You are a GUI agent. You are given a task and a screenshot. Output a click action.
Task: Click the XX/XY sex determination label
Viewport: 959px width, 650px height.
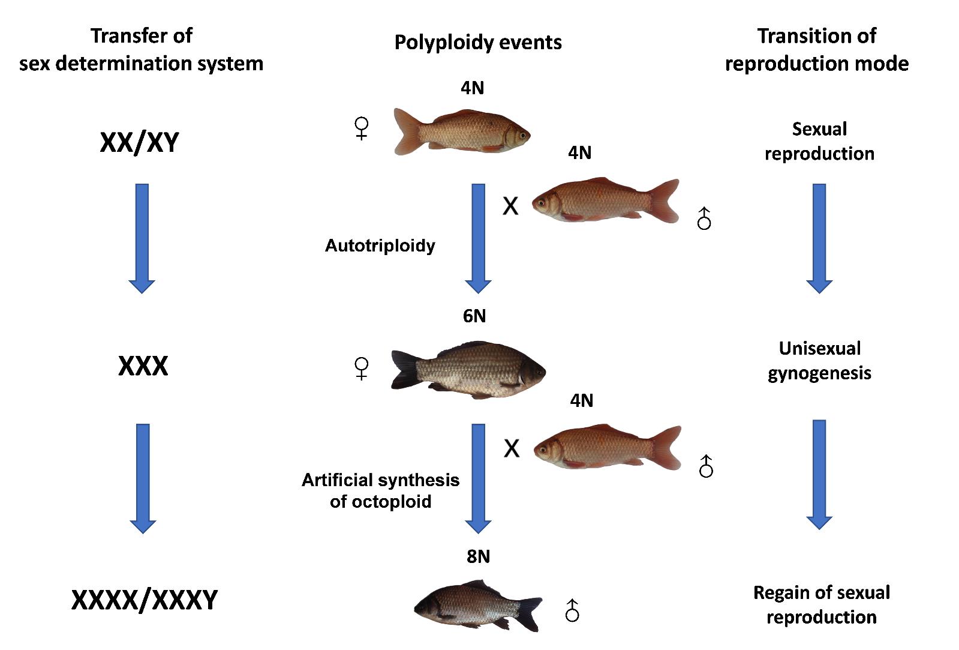tap(139, 143)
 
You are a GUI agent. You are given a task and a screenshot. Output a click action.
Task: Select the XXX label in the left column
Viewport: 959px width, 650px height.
tap(143, 366)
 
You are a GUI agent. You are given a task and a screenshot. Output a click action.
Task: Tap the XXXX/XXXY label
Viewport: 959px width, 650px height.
tap(145, 600)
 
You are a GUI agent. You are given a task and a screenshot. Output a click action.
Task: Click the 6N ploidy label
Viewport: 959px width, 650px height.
tap(474, 316)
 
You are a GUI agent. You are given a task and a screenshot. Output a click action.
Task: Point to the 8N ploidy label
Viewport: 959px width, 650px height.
tap(478, 557)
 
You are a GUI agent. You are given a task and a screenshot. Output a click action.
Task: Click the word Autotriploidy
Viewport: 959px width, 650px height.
tap(380, 245)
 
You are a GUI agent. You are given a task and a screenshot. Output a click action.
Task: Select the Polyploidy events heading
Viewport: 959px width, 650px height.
tap(478, 42)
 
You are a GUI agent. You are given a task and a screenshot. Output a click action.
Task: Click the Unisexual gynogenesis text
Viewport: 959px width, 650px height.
tap(819, 361)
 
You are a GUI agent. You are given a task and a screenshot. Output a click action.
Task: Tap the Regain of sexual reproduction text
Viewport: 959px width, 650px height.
tap(821, 604)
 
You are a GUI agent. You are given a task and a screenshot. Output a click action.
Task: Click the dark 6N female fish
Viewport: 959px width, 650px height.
tap(468, 370)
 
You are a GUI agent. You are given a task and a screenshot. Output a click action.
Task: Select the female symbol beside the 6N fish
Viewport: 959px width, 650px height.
tap(362, 368)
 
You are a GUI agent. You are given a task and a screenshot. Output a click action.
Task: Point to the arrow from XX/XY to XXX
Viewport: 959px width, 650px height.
tap(142, 238)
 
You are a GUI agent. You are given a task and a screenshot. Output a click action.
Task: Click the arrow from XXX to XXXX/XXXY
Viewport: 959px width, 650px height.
tap(143, 478)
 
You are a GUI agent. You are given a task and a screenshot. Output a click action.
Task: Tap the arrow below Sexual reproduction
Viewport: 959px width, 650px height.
tap(819, 238)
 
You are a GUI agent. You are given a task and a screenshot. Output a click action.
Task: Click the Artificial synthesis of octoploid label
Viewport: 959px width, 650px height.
tap(380, 490)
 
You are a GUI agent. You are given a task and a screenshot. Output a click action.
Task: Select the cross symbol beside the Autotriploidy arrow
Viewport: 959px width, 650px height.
tap(510, 206)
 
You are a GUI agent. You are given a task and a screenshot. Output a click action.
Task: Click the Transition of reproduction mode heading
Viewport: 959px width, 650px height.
tap(816, 49)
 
